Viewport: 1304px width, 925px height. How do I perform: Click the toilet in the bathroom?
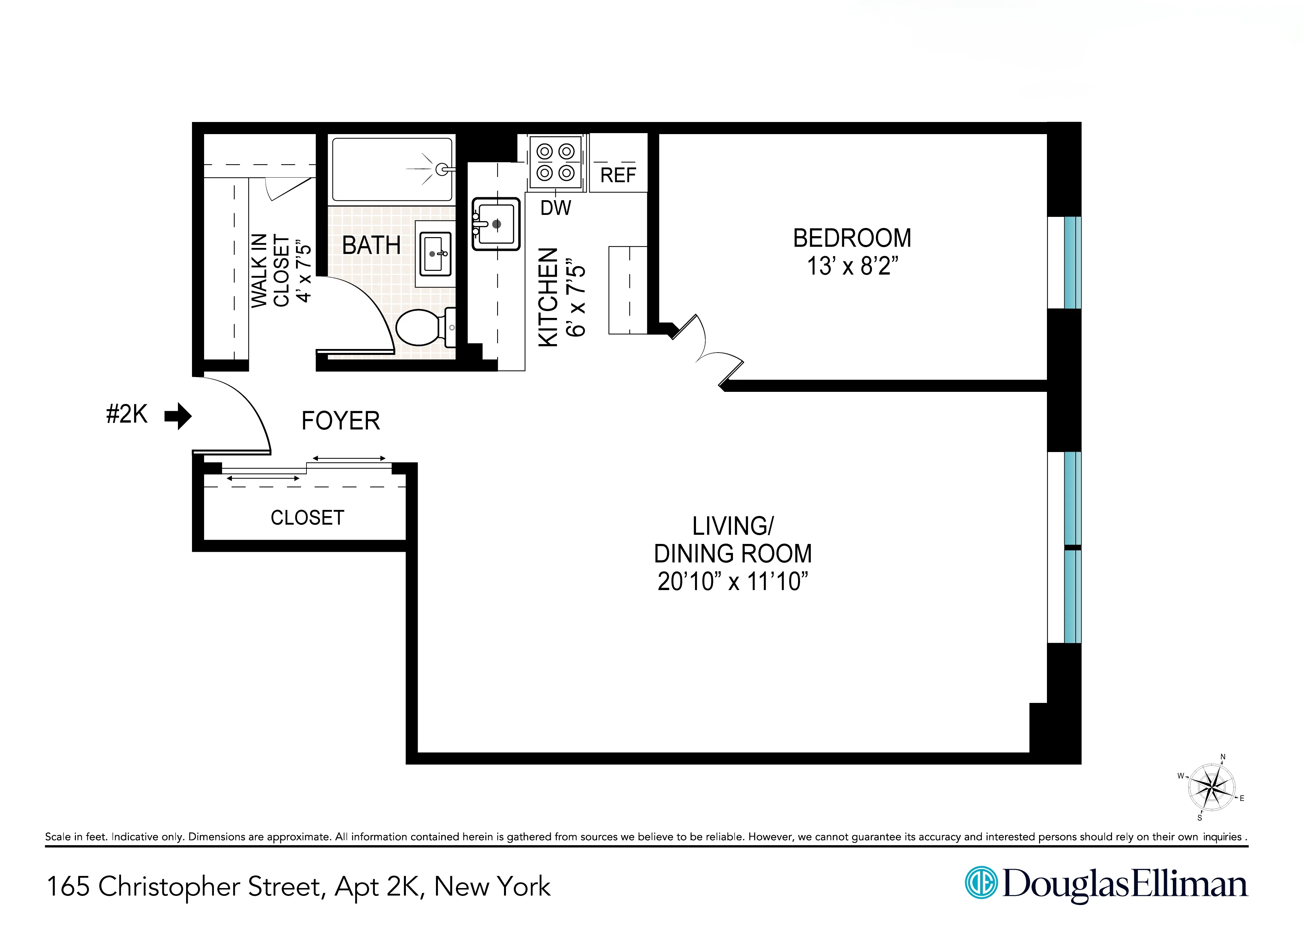(x=421, y=327)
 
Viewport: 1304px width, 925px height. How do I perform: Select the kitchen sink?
(x=496, y=224)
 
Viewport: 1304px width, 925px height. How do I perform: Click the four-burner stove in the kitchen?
(x=556, y=162)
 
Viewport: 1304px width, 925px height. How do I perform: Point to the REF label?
(x=618, y=175)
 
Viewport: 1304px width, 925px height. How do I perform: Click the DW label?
(x=555, y=208)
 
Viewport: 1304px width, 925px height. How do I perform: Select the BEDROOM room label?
(x=852, y=238)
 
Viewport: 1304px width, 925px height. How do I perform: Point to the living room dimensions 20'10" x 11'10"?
(x=733, y=582)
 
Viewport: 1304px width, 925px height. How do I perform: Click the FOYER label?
(x=340, y=421)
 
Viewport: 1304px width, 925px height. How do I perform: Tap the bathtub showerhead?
(x=441, y=169)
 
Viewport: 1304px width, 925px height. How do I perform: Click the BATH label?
(x=371, y=246)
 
